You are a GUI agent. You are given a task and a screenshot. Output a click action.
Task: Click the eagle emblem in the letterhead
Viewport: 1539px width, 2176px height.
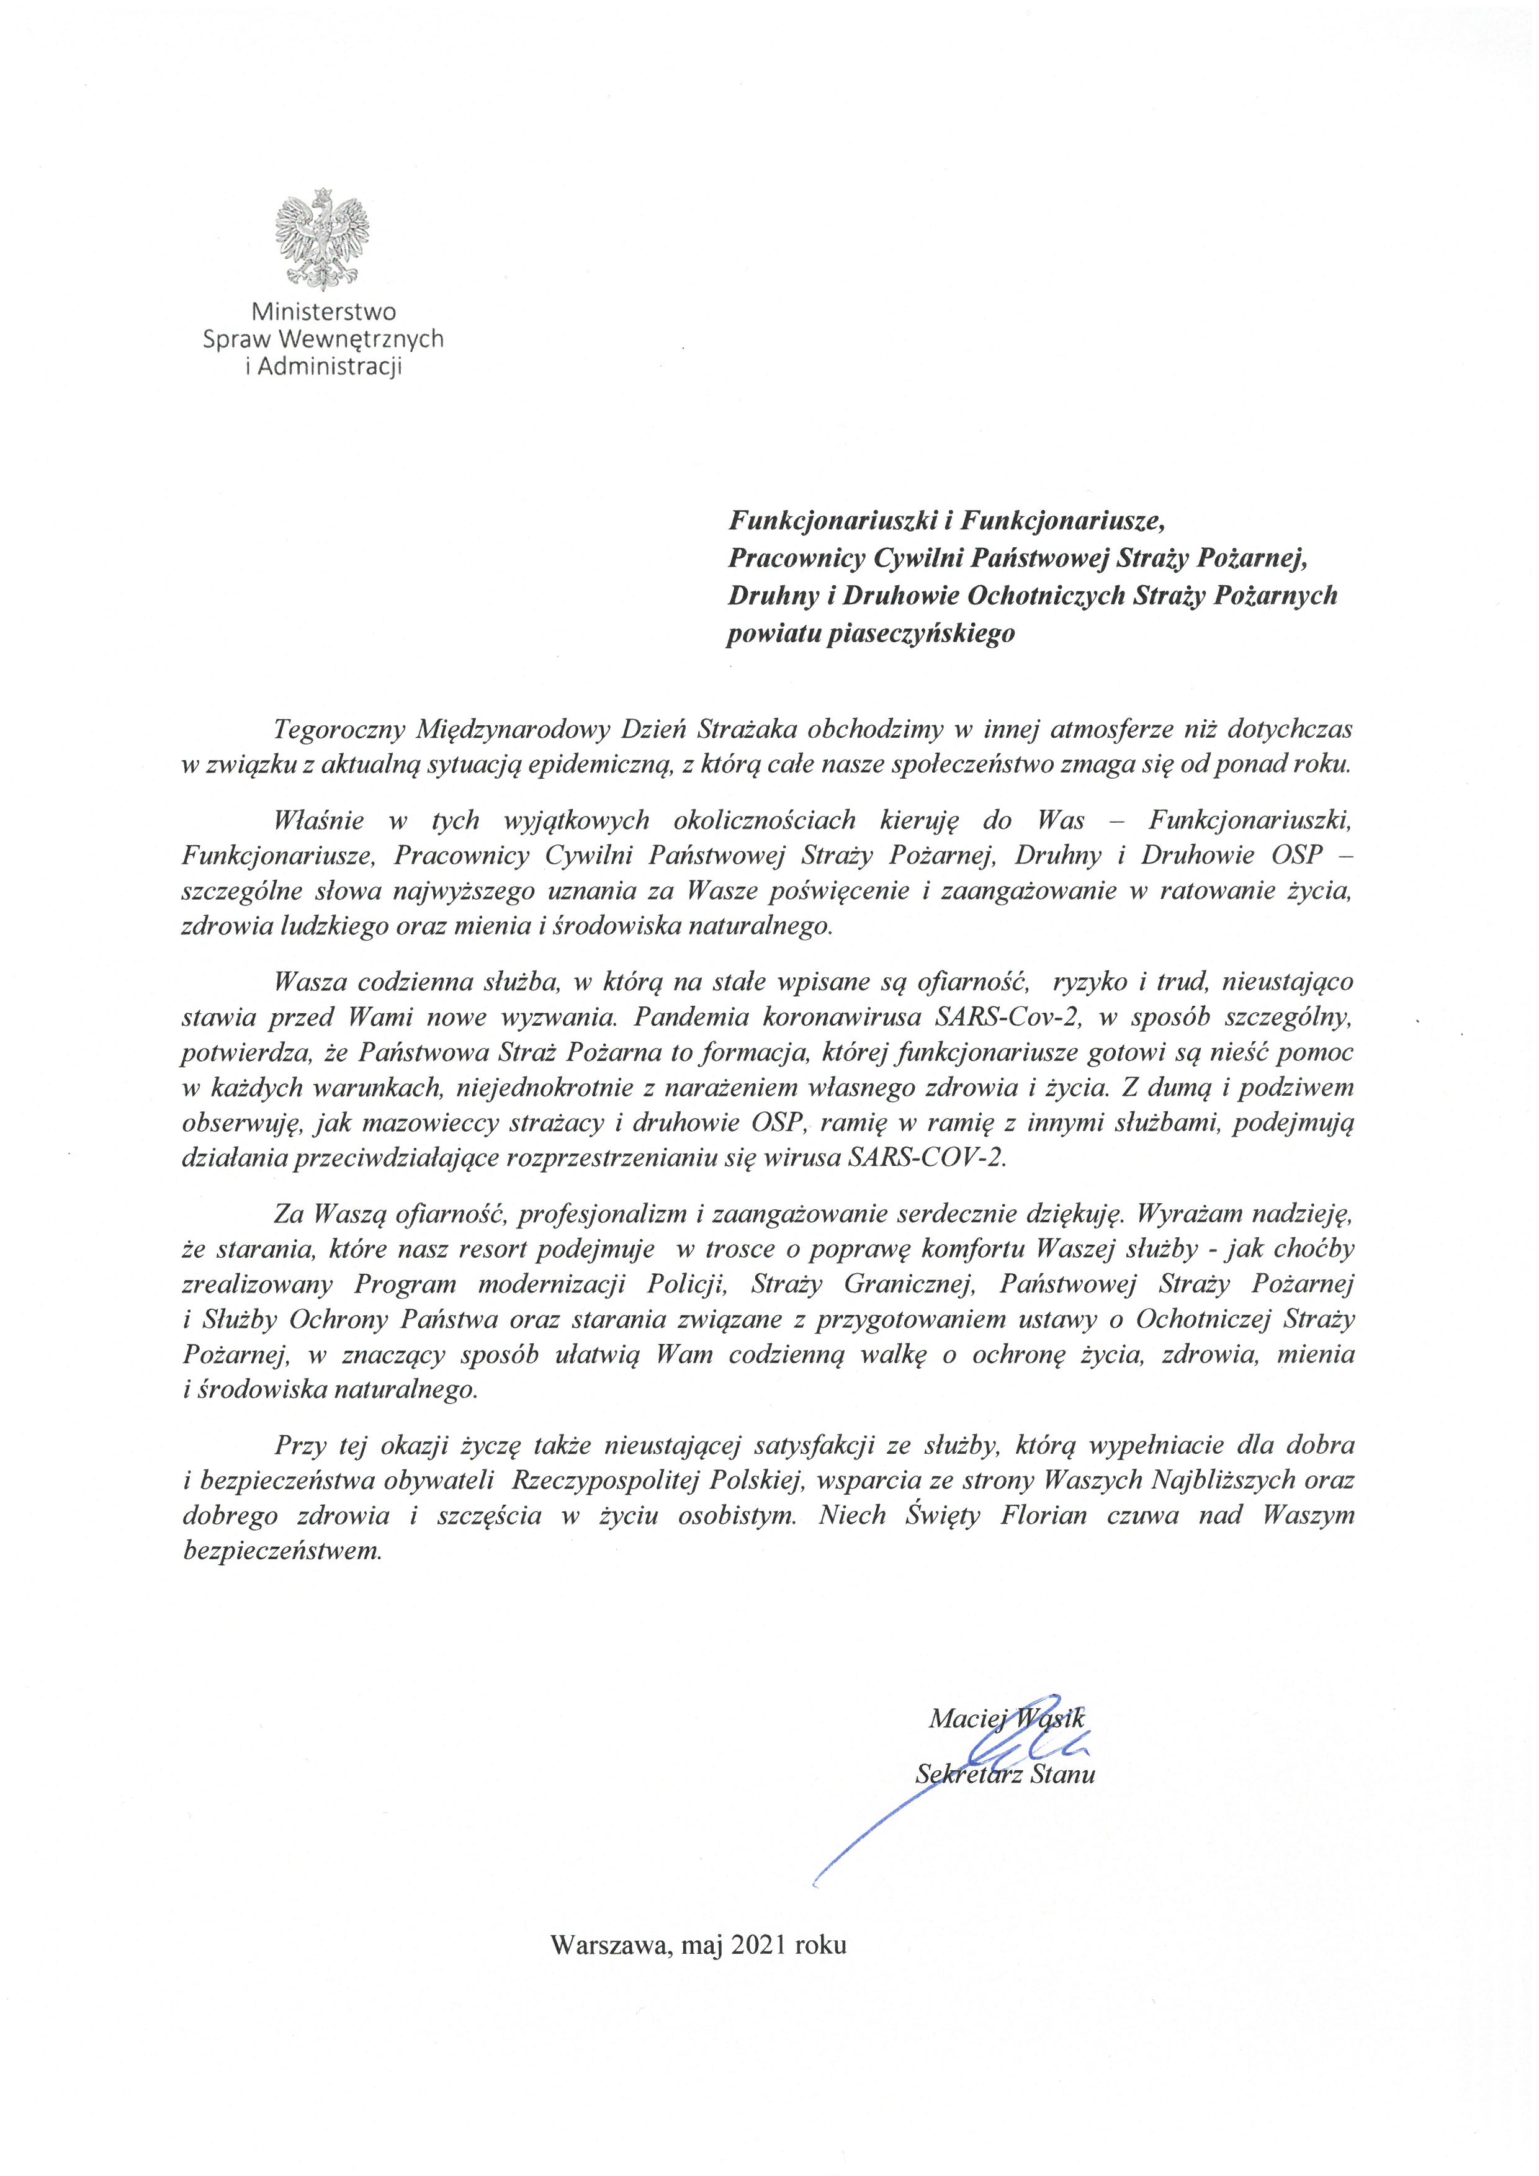tap(322, 240)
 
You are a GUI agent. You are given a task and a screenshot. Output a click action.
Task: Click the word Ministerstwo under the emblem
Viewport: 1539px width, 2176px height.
tap(323, 312)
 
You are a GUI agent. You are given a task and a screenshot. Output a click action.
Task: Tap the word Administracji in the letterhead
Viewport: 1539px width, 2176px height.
tap(330, 367)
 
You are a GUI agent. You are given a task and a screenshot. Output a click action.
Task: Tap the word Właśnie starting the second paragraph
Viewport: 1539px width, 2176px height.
tap(316, 820)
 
